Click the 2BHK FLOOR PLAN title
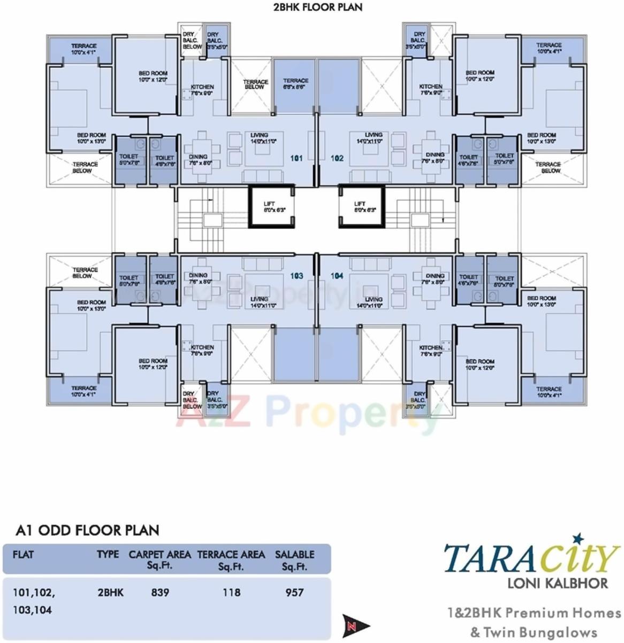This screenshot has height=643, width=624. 317,7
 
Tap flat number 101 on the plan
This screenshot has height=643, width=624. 296,158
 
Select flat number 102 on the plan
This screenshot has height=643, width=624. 337,158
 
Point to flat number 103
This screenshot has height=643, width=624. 296,276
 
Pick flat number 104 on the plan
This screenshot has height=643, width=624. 337,276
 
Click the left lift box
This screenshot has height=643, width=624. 271,207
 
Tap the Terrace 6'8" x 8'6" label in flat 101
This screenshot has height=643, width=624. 295,83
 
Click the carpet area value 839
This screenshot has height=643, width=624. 160,592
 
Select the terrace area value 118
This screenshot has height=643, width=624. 231,592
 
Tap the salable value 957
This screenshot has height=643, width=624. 294,592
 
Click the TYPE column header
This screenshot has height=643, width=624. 108,554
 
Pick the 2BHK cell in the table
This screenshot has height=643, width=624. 110,592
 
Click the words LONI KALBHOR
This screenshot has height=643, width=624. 557,582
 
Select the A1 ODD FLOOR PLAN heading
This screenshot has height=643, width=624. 87,530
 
